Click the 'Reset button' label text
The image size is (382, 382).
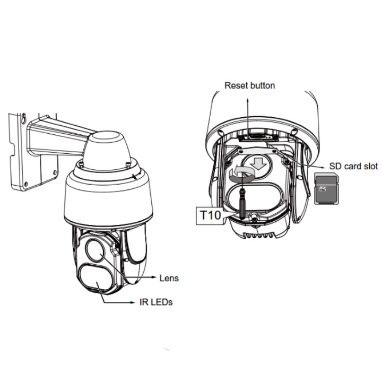250,85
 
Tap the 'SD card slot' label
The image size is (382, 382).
353,166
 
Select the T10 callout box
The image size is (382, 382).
210,215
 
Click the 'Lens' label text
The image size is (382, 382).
169,278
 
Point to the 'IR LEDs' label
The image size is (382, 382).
156,302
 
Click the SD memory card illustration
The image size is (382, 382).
326,188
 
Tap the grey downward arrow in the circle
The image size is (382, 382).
259,163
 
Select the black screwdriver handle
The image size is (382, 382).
242,203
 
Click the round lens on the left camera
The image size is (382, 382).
95,249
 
